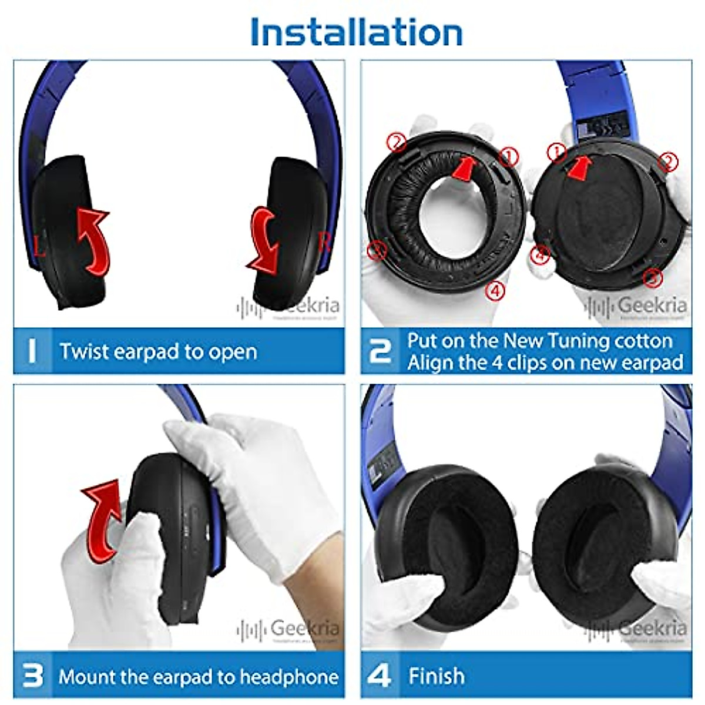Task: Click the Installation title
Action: [x=356, y=32]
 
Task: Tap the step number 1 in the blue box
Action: [x=32, y=351]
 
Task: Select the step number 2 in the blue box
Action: [x=380, y=351]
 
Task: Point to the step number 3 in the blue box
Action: [x=32, y=676]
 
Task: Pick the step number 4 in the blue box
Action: [x=379, y=676]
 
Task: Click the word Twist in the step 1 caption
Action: [x=84, y=351]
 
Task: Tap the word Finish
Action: [x=436, y=676]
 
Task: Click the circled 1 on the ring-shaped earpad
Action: [x=509, y=156]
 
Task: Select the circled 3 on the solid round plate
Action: [x=652, y=277]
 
